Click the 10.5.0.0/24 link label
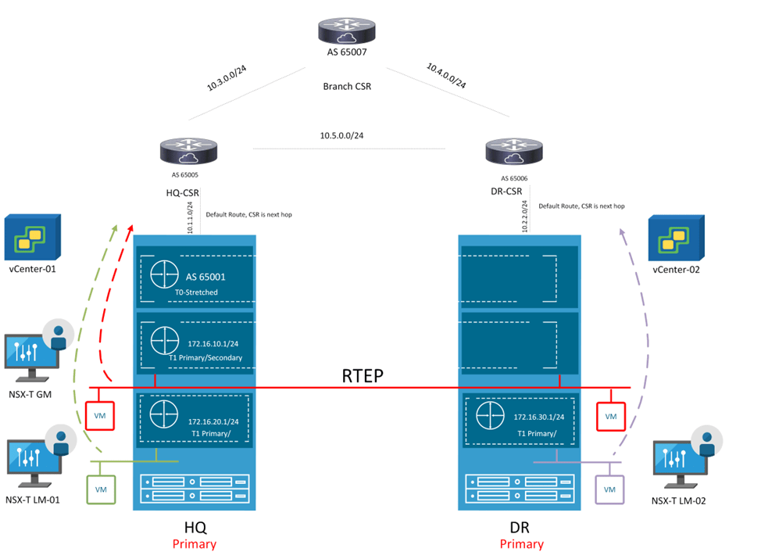coord(341,135)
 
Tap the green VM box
coord(101,489)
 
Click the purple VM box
coord(609,489)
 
